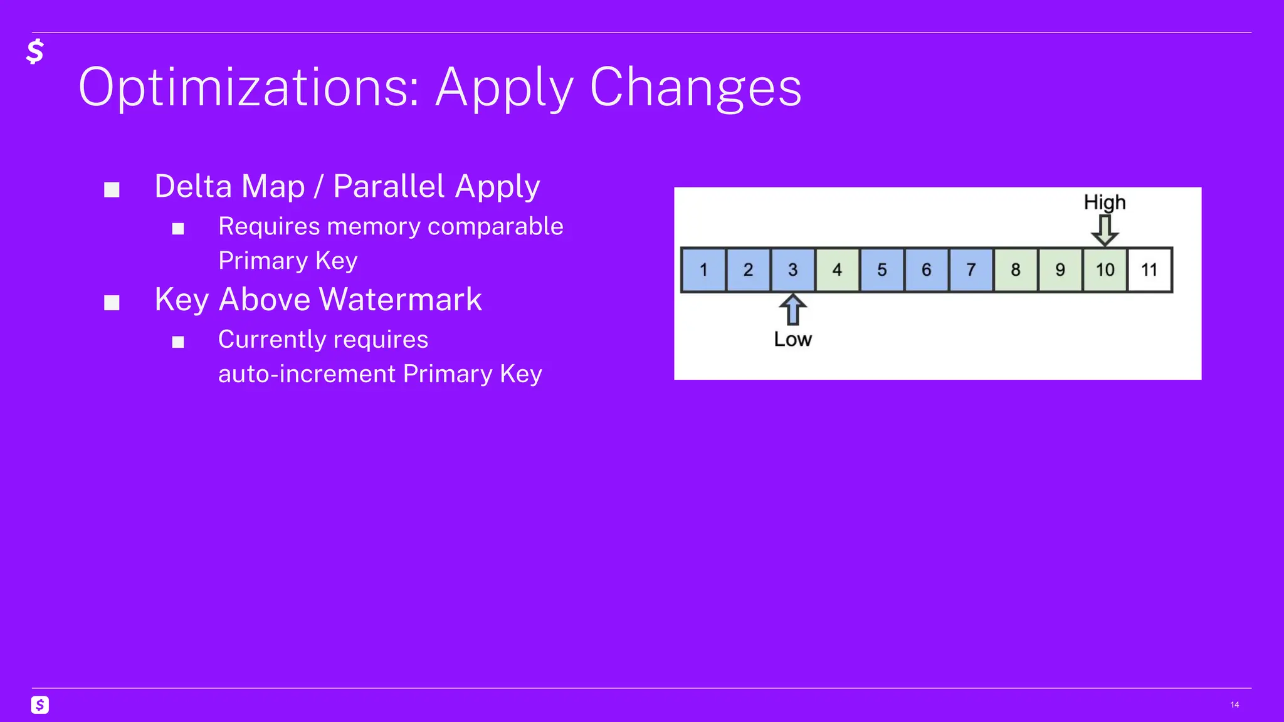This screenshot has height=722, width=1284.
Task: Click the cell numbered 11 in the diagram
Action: click(1149, 270)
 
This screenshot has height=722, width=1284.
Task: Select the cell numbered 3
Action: click(792, 270)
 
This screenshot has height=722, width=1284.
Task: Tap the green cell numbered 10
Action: click(1105, 270)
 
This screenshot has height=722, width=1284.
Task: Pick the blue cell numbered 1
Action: click(703, 270)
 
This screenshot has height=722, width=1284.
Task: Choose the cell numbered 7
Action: click(971, 270)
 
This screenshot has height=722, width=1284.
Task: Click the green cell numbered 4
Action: click(837, 270)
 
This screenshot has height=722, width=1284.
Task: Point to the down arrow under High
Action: click(1105, 230)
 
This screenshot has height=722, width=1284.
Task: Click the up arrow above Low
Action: click(792, 310)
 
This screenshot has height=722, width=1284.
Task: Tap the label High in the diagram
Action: click(1105, 202)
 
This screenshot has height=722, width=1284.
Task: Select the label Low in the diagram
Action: click(792, 340)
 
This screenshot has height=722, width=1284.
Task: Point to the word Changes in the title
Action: click(695, 88)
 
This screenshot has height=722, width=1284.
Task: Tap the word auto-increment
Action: click(307, 374)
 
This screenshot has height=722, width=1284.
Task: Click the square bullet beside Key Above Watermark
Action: click(112, 303)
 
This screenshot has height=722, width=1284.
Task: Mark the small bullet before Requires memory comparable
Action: click(178, 229)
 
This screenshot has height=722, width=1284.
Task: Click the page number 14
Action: click(1234, 705)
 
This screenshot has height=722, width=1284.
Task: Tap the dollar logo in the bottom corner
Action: click(40, 705)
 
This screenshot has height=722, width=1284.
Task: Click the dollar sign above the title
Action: click(35, 51)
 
